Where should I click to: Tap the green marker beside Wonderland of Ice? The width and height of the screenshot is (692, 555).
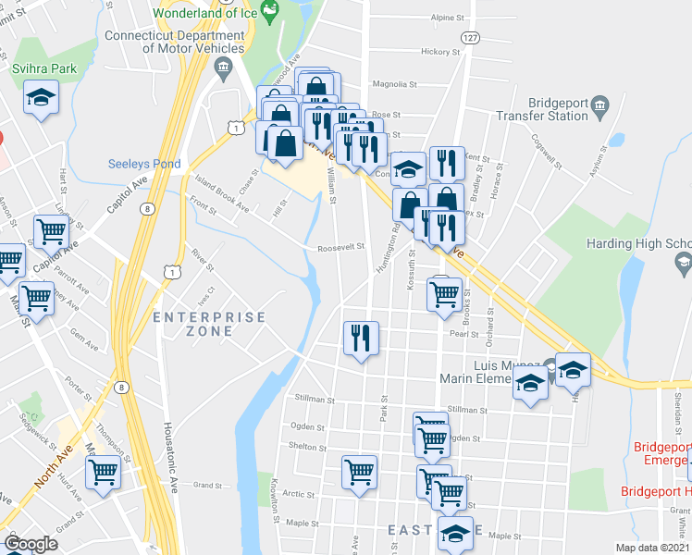270,13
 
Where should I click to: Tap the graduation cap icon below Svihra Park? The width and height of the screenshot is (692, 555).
41,98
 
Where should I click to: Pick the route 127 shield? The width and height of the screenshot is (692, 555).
471,37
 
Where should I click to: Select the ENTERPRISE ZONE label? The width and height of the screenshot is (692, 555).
208,324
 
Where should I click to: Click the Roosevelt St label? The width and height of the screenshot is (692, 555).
341,247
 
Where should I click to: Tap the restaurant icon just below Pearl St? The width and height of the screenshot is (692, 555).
360,337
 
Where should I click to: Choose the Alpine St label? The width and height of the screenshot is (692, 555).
447,18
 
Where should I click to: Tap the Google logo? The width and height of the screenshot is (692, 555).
31,544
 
